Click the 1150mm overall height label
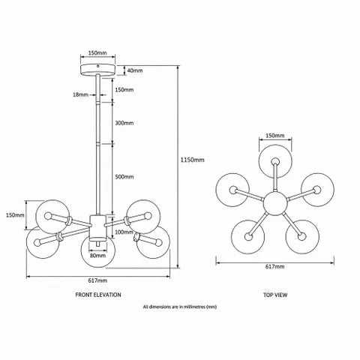[x=192, y=160]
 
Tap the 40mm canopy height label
[x=135, y=70]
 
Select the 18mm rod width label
[x=80, y=94]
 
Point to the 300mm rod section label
[x=124, y=123]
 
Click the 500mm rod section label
[x=124, y=177]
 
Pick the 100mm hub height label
[x=124, y=232]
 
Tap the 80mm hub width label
[x=97, y=256]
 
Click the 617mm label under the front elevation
[x=97, y=280]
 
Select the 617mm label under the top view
[x=274, y=266]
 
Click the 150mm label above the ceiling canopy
[x=97, y=53]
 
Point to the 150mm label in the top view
[x=275, y=136]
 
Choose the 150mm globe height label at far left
[x=15, y=215]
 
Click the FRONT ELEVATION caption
[x=98, y=295]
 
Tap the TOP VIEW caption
[x=275, y=295]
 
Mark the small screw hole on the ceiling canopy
[x=98, y=66]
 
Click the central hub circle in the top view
[x=275, y=203]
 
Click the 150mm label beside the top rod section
[x=124, y=89]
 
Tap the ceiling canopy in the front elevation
[x=98, y=70]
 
